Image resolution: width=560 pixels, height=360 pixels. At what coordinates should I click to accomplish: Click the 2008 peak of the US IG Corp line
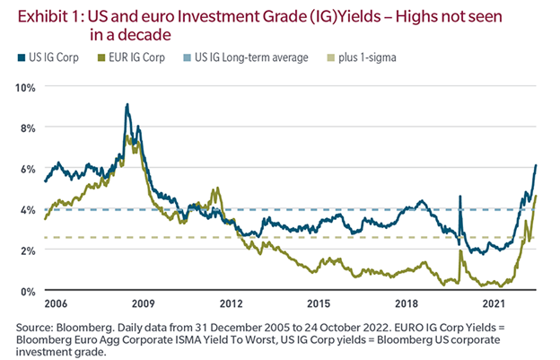click(127, 105)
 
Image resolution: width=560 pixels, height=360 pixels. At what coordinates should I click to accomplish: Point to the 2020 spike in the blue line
click(460, 197)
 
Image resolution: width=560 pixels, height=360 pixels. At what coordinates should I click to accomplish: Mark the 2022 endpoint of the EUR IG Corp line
click(537, 195)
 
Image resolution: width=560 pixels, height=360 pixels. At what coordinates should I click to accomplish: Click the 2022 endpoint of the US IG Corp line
click(537, 165)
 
